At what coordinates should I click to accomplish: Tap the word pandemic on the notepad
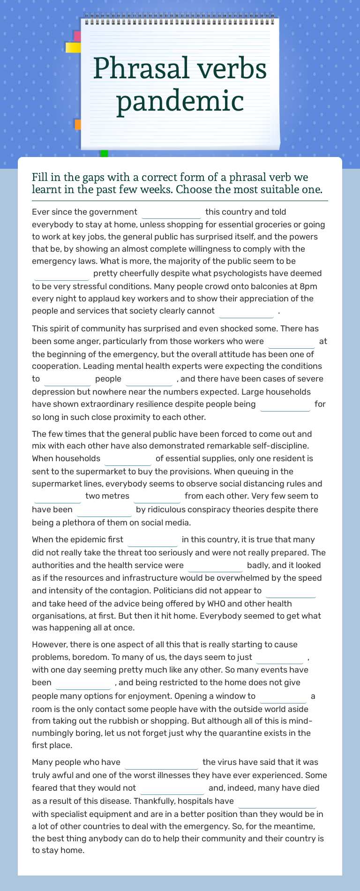(180, 101)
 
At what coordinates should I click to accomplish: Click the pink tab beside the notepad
(77, 36)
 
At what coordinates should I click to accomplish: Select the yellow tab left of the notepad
(73, 47)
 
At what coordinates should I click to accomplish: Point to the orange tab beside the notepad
(78, 124)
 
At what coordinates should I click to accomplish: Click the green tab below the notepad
(104, 153)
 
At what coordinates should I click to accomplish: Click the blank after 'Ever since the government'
(171, 212)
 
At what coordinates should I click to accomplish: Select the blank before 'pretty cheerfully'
(61, 274)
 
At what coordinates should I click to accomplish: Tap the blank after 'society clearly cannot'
(246, 311)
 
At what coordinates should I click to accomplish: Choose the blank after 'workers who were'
(291, 342)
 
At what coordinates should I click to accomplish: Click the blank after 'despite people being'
(285, 404)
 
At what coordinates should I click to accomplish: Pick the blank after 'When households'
(128, 459)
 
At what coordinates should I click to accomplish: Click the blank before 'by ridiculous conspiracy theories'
(104, 510)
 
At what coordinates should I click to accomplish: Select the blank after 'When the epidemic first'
(153, 540)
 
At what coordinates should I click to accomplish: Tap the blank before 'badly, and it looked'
(215, 566)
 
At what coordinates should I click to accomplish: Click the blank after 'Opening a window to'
(283, 696)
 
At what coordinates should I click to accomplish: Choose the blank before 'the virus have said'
(161, 763)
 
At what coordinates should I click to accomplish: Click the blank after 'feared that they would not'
(172, 788)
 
